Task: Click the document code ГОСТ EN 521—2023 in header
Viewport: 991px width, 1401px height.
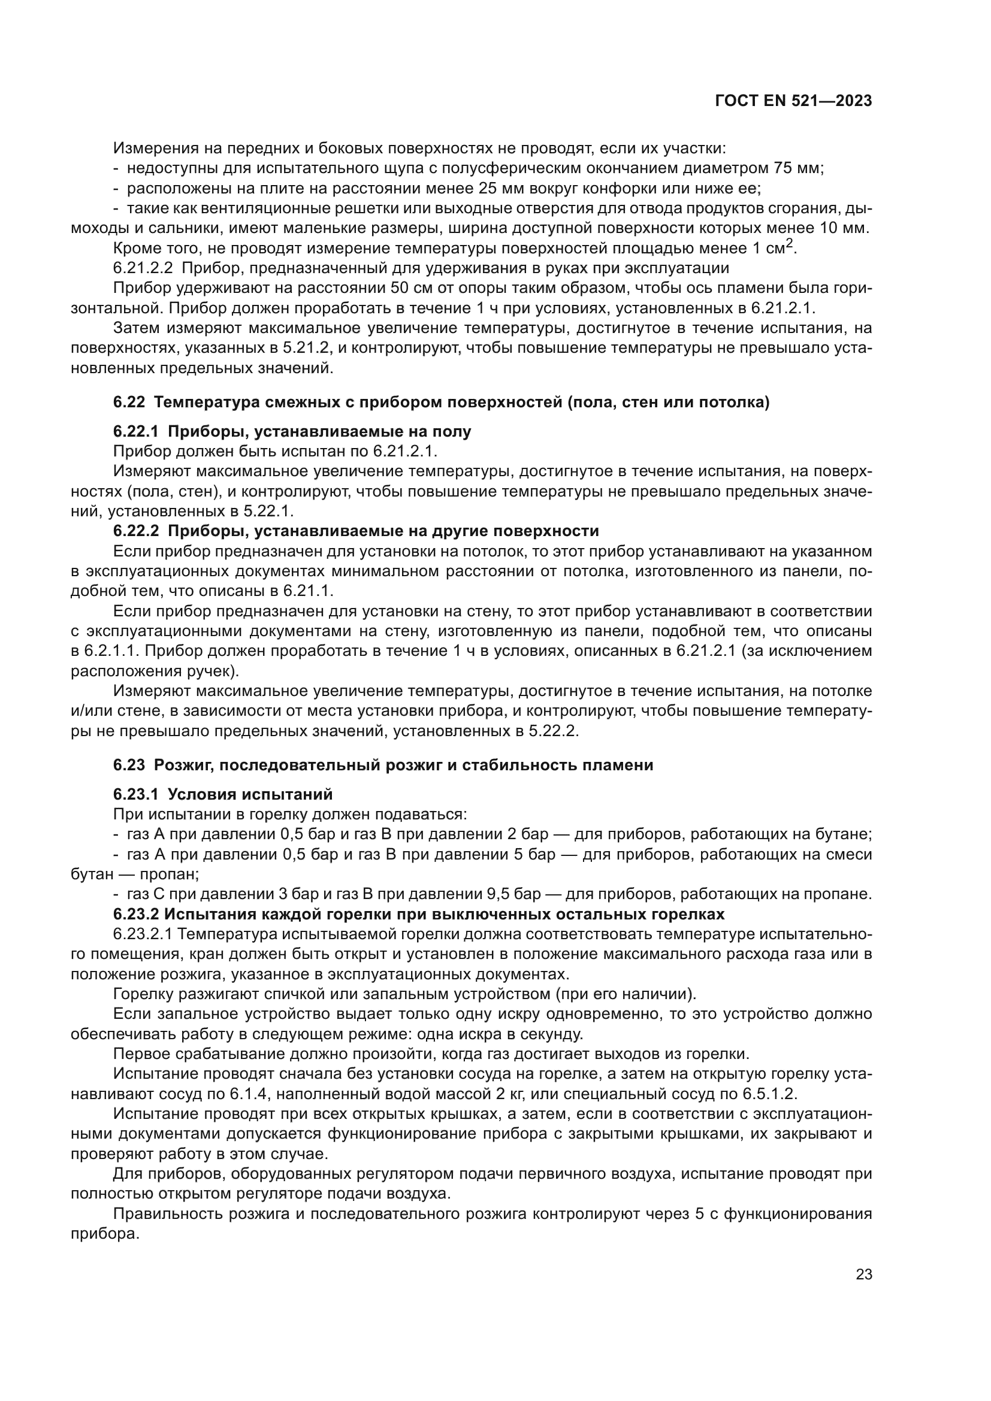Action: (793, 101)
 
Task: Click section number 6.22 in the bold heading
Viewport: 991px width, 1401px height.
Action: (129, 403)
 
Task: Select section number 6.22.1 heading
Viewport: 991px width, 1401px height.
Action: (135, 432)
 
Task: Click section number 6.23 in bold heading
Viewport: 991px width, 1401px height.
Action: (129, 765)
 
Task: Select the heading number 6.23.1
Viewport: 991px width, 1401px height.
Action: (135, 794)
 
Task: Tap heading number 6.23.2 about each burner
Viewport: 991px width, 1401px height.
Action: (135, 914)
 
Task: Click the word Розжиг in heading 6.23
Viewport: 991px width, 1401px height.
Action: (180, 765)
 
